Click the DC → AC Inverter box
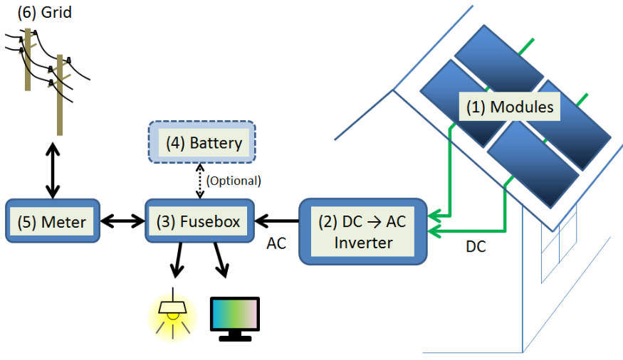tap(363, 233)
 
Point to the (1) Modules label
tap(510, 107)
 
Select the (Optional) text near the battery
tap(234, 181)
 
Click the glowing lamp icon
tap(171, 313)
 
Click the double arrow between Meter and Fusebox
tap(122, 222)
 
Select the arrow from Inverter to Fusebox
tap(277, 221)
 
